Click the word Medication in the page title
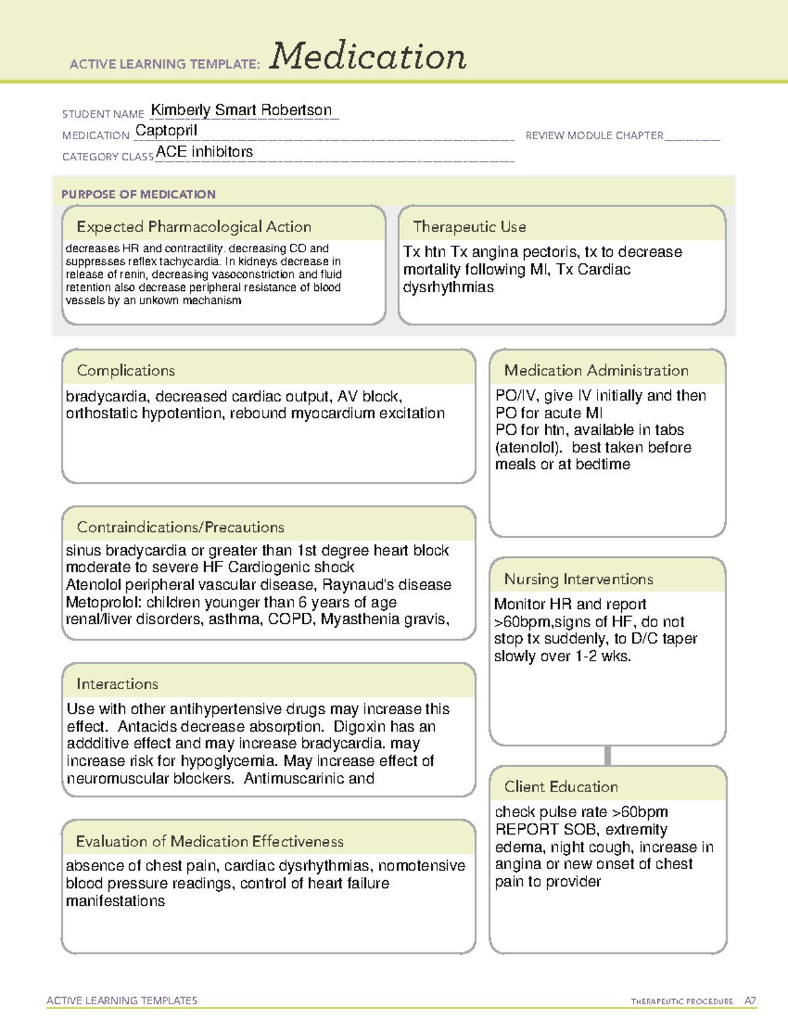pos(368,56)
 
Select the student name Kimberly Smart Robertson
pos(241,110)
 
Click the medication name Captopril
pos(166,131)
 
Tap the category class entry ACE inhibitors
pos(204,152)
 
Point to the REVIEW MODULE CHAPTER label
pos(594,135)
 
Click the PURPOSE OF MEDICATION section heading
pos(139,194)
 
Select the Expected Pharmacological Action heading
pos(194,227)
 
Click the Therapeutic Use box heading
pos(470,227)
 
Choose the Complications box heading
pos(126,370)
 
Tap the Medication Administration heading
pos(596,370)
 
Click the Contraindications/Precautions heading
pos(181,527)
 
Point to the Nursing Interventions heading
pos(579,579)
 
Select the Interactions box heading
pos(118,684)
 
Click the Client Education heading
pos(561,787)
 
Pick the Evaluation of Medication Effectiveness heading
pos(209,841)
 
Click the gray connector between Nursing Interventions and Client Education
pos(607,755)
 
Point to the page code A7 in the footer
pos(750,1001)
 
